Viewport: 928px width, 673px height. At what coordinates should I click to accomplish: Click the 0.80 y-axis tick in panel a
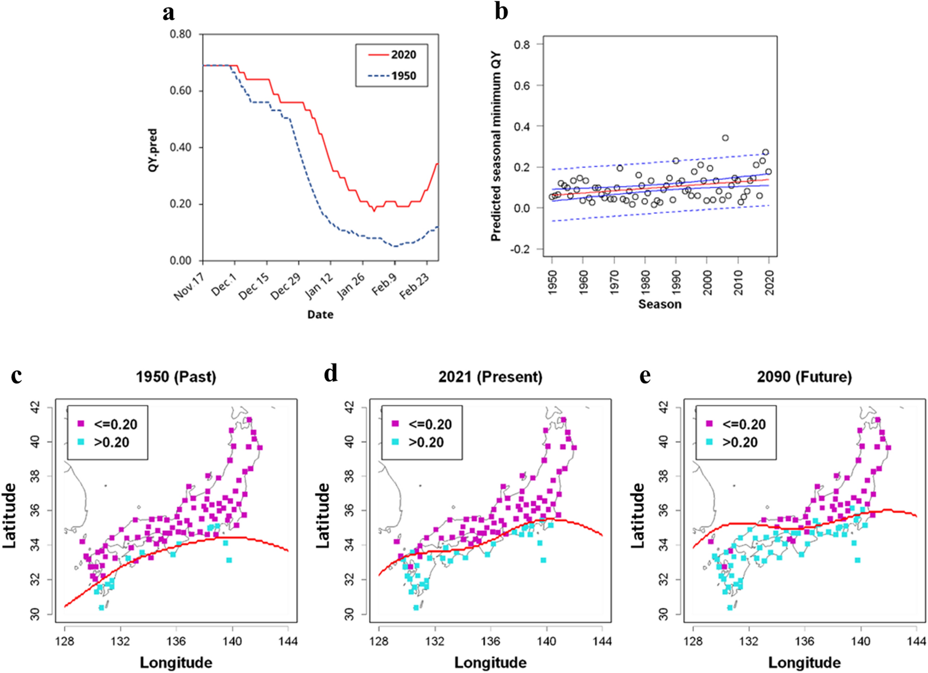pyautogui.click(x=180, y=34)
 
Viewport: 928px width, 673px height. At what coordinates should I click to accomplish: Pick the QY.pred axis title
pyautogui.click(x=153, y=150)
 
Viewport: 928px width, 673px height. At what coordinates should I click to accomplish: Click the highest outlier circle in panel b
pyautogui.click(x=725, y=138)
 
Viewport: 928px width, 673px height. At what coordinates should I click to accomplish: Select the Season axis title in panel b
pyautogui.click(x=660, y=305)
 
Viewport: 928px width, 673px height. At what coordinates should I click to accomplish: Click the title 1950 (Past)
pyautogui.click(x=176, y=377)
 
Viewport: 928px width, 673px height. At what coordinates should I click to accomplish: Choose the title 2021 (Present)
pyautogui.click(x=490, y=377)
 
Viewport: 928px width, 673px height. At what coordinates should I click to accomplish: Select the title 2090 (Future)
pyautogui.click(x=804, y=377)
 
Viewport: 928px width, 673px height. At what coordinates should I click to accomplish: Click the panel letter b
pyautogui.click(x=501, y=11)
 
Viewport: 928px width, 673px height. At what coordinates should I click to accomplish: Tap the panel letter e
pyautogui.click(x=645, y=375)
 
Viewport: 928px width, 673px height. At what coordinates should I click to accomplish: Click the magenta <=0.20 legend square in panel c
pyautogui.click(x=81, y=424)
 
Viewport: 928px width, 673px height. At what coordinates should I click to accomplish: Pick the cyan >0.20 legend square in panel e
pyautogui.click(x=709, y=442)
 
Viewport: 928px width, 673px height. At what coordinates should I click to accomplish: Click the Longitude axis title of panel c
pyautogui.click(x=176, y=663)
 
